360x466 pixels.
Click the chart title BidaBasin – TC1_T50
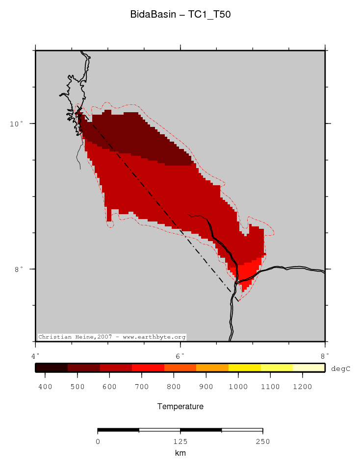pyautogui.click(x=180, y=15)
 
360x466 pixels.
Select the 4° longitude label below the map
pyautogui.click(x=35, y=355)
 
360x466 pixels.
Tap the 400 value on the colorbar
pyautogui.click(x=45, y=387)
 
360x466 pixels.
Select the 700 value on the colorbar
pyautogui.click(x=141, y=387)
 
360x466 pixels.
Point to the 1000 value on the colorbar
pyautogui.click(x=238, y=387)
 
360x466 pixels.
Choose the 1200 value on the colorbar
pyautogui.click(x=302, y=387)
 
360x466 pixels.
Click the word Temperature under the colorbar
pyautogui.click(x=180, y=407)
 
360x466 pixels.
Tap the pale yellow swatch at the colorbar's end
pyautogui.click(x=309, y=368)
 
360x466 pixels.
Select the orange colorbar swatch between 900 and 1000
pyautogui.click(x=212, y=368)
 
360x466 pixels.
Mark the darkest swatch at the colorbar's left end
pyautogui.click(x=51, y=368)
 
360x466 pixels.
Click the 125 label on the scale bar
pyautogui.click(x=180, y=441)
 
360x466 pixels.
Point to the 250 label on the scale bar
pyautogui.click(x=262, y=441)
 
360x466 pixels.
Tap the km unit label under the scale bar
pyautogui.click(x=180, y=453)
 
